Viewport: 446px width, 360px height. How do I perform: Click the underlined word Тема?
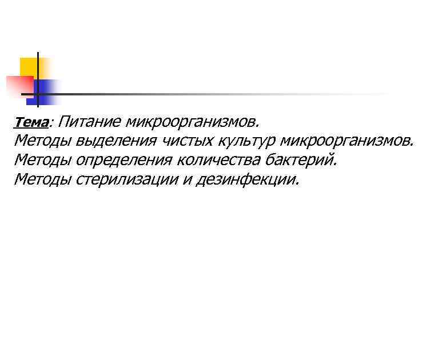(32, 122)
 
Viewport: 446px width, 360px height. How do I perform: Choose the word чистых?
(184, 140)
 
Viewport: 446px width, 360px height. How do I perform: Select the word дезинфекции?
(247, 180)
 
